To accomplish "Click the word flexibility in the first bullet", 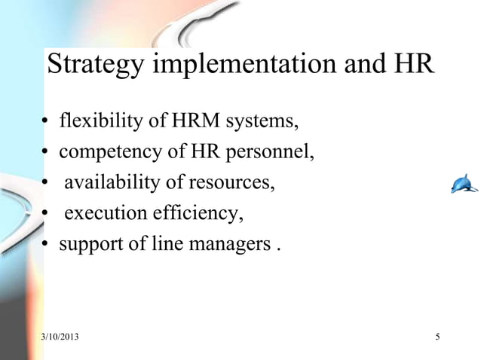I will (97, 121).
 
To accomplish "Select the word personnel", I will (268, 153).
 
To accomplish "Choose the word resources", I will (235, 184).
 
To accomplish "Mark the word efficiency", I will (197, 215).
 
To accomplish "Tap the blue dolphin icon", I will (464, 183).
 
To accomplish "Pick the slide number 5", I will (438, 335).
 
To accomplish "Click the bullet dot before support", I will (46, 246).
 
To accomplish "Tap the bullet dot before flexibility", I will (46, 123).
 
